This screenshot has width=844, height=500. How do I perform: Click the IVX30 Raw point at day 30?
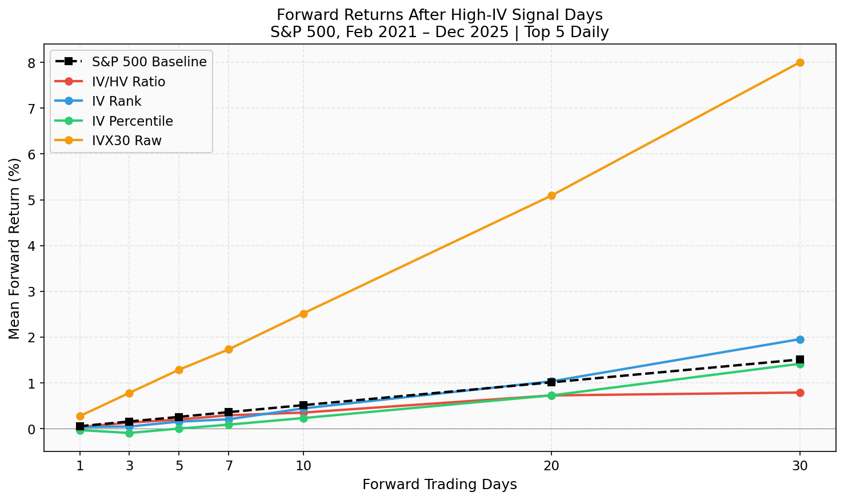click(800, 62)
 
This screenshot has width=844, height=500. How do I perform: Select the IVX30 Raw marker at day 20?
click(551, 195)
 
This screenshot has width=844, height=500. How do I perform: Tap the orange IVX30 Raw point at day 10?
click(303, 314)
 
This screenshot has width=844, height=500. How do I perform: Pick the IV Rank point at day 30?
click(800, 339)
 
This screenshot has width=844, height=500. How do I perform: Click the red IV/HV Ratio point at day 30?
click(800, 393)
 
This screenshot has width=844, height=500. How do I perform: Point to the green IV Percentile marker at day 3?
click(129, 433)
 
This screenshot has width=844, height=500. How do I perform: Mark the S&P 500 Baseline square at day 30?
click(800, 359)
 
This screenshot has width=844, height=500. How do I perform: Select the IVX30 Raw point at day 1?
click(80, 416)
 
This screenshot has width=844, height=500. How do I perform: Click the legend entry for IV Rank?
click(117, 101)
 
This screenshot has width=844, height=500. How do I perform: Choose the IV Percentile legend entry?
click(132, 121)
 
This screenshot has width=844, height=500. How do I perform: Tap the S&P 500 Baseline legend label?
click(149, 62)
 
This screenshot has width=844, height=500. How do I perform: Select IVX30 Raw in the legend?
click(126, 141)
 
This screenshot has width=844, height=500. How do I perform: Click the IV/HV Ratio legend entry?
click(128, 82)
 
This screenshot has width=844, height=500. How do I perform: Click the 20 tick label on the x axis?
click(551, 466)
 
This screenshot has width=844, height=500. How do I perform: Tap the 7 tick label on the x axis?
click(229, 466)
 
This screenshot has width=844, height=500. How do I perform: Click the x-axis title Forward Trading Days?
click(439, 485)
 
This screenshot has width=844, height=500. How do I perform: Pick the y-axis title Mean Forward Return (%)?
click(14, 249)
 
